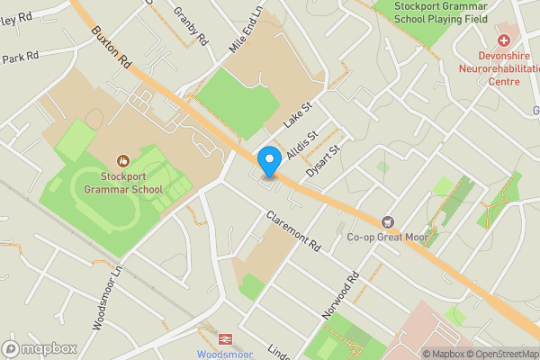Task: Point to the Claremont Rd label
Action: pyautogui.click(x=294, y=231)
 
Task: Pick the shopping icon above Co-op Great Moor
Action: pyautogui.click(x=388, y=221)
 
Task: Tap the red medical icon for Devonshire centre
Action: pyautogui.click(x=503, y=40)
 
